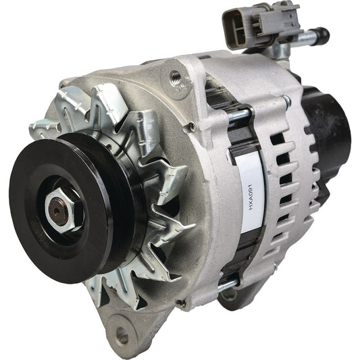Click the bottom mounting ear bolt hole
(122, 334)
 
